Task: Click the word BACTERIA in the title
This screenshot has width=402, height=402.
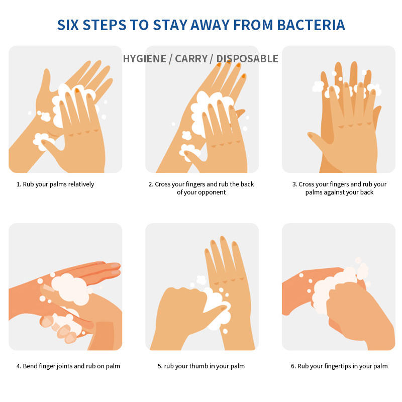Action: pos(311,25)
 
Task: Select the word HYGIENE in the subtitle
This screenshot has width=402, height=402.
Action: pos(145,59)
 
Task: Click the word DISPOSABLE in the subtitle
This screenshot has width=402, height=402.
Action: pos(247,59)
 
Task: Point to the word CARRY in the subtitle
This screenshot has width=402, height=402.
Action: pos(191,59)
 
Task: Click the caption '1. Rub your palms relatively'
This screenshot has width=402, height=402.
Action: pos(55,184)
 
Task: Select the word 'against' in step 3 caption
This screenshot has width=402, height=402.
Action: pos(336,192)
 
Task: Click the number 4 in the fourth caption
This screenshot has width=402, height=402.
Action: pos(19,366)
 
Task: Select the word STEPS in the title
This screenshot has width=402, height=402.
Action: pos(105,25)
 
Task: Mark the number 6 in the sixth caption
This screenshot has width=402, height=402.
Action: pos(293,366)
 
